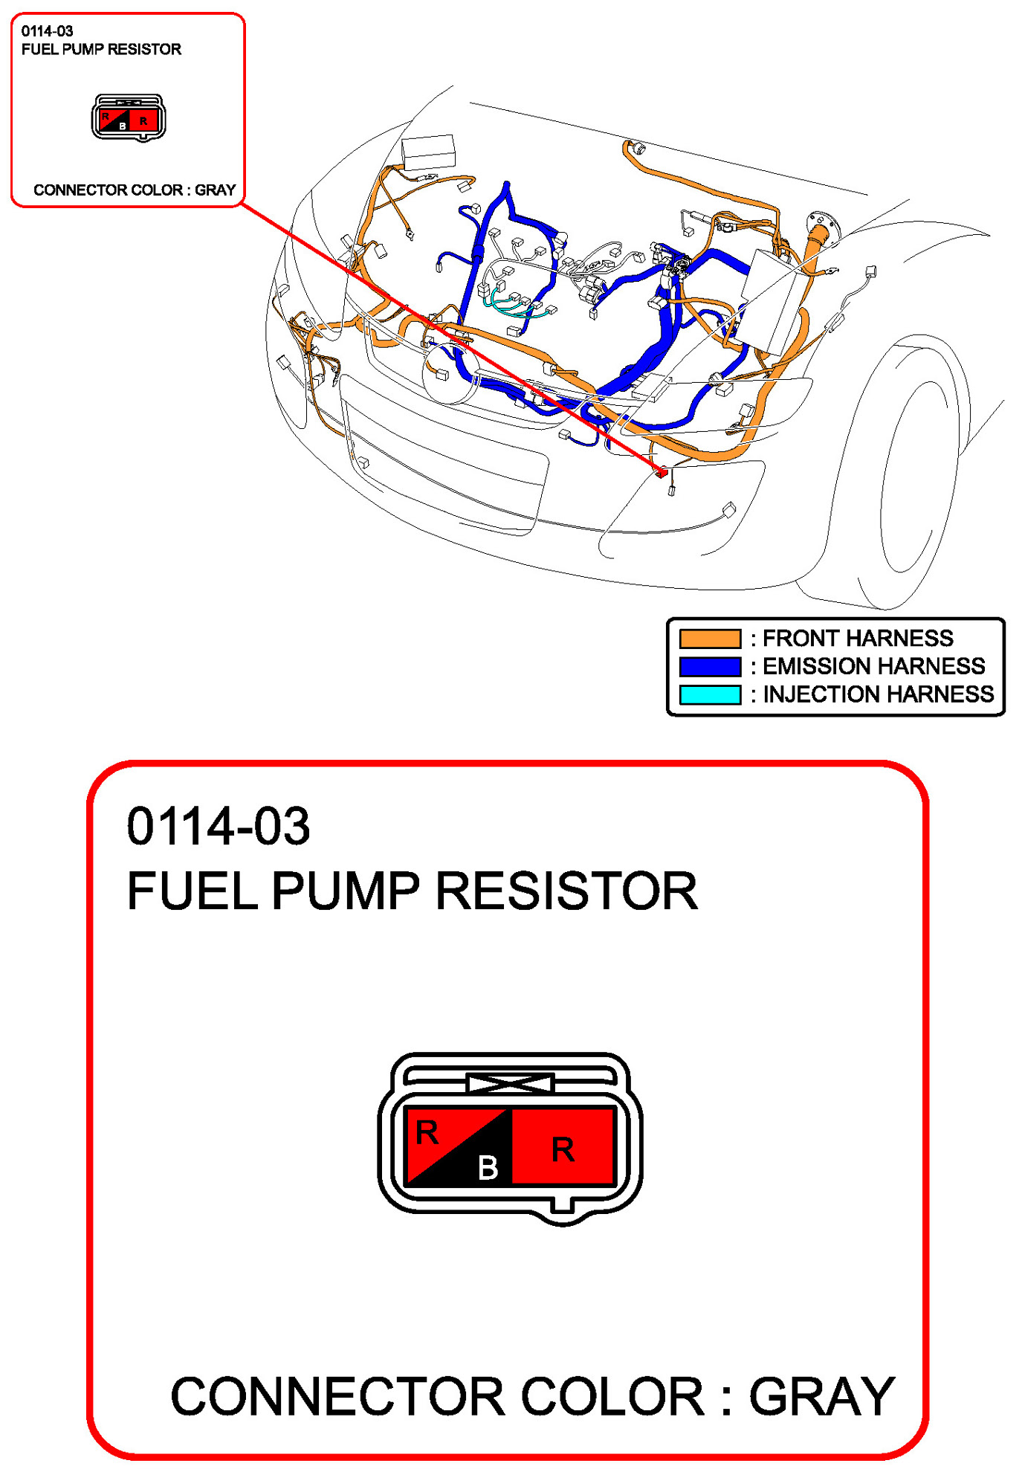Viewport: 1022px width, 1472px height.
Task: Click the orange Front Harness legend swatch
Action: tap(710, 639)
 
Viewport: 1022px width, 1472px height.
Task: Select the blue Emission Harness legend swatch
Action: tap(710, 666)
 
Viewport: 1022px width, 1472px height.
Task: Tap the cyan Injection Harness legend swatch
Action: tap(710, 694)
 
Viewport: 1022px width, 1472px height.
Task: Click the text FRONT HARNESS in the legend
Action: tap(858, 639)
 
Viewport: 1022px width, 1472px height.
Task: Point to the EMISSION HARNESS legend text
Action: tap(873, 666)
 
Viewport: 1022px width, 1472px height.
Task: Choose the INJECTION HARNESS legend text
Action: tap(878, 694)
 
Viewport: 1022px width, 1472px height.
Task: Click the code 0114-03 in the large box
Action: tap(218, 826)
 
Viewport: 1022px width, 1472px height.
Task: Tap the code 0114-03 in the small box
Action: tap(47, 31)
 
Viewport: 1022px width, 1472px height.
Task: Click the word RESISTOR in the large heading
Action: tap(566, 891)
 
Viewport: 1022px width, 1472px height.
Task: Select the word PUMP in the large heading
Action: tap(346, 891)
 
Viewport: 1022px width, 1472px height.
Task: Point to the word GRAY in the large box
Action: tap(821, 1397)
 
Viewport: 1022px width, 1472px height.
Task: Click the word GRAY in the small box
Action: tap(216, 190)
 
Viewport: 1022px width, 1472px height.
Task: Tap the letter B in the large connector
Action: tap(488, 1168)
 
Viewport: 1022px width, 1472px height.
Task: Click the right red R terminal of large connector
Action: tap(563, 1149)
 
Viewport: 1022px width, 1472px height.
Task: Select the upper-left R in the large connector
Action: tap(427, 1133)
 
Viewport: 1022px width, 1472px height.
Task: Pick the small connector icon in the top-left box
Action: tap(129, 117)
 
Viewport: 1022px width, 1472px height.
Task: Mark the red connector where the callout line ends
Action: tap(662, 473)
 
